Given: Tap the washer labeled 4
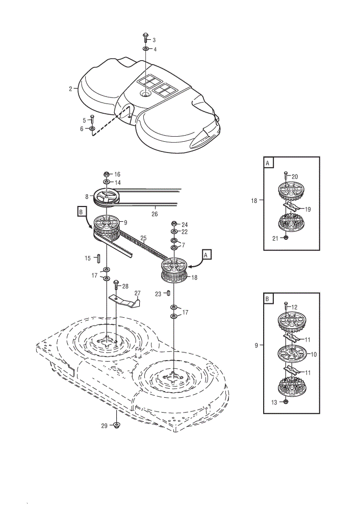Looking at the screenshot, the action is click(146, 49).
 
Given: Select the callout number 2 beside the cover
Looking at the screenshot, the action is click(70, 88).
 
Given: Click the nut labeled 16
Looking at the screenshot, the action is click(107, 174).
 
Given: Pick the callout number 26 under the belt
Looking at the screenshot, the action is click(155, 214).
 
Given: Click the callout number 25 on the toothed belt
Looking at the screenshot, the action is click(143, 238).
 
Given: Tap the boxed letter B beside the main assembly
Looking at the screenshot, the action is click(81, 212).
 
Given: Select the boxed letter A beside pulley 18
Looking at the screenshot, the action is click(206, 254).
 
